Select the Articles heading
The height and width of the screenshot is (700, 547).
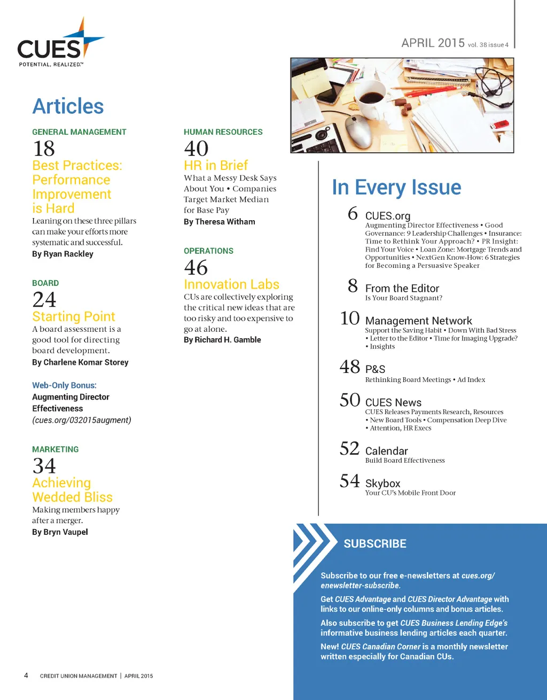pyautogui.click(x=68, y=106)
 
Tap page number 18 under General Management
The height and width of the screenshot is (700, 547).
pyautogui.click(x=44, y=149)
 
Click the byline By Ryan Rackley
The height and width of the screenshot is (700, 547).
pyautogui.click(x=62, y=254)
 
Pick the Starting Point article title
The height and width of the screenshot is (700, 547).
pyautogui.click(x=74, y=317)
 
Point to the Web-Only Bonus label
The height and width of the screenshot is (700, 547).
pyautogui.click(x=64, y=385)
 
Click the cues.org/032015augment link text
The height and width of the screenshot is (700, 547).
pyautogui.click(x=82, y=420)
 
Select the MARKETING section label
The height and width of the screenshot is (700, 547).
pyautogui.click(x=55, y=449)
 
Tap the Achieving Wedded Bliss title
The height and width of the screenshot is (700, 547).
pyautogui.click(x=72, y=490)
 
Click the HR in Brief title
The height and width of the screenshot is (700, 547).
pyautogui.click(x=216, y=166)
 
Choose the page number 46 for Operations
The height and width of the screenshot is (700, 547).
pyautogui.click(x=196, y=268)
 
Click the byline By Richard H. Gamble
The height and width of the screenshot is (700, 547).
pyautogui.click(x=222, y=340)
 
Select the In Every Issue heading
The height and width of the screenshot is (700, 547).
pyautogui.click(x=396, y=188)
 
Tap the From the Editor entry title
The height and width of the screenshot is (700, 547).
pyautogui.click(x=402, y=289)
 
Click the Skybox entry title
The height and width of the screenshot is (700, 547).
pyautogui.click(x=382, y=484)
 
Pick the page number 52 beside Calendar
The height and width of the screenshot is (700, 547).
pyautogui.click(x=349, y=449)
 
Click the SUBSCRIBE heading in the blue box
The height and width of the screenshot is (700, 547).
pyautogui.click(x=375, y=544)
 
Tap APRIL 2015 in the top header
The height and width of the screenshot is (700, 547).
pyautogui.click(x=433, y=43)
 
